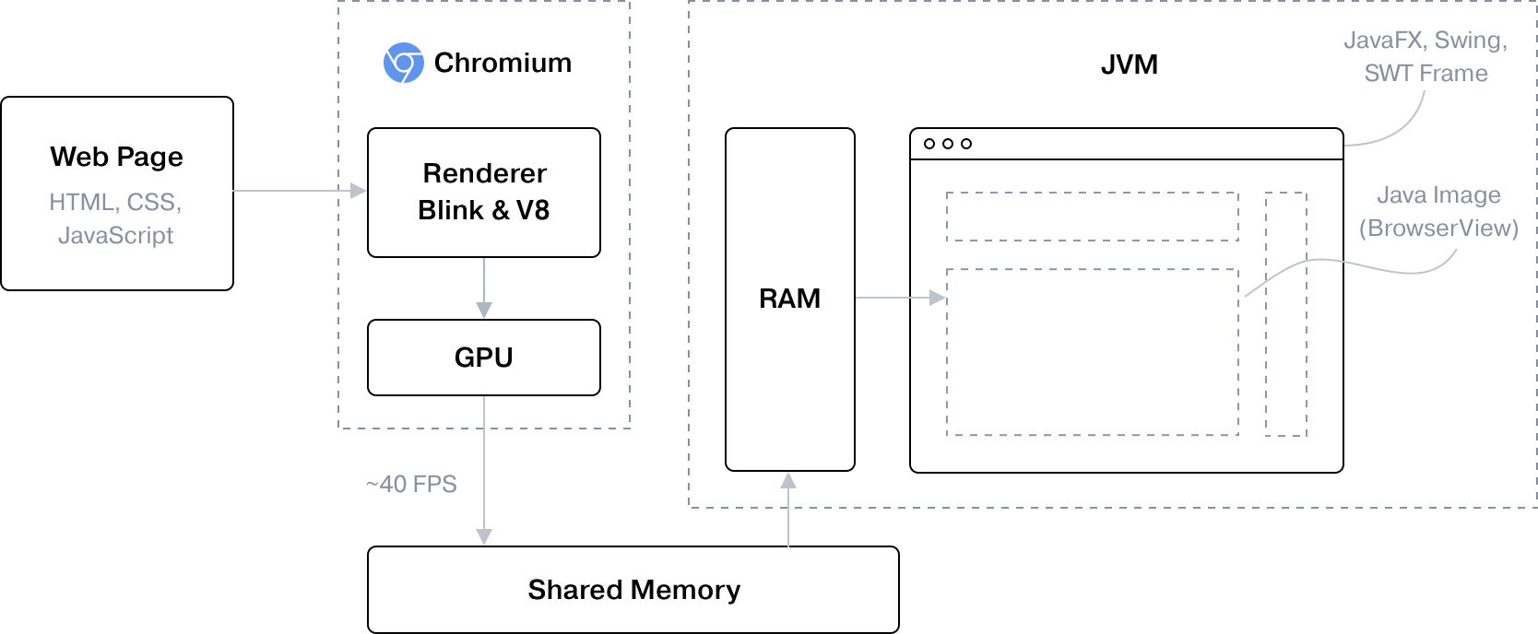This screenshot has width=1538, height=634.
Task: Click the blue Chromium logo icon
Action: click(x=404, y=63)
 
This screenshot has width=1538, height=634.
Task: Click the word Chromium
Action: click(x=503, y=63)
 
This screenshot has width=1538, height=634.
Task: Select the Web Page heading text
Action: click(x=116, y=157)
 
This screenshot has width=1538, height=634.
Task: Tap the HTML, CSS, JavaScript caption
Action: click(x=116, y=218)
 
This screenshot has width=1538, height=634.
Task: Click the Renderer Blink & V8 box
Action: click(x=484, y=192)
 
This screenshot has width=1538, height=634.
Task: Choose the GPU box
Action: click(x=484, y=358)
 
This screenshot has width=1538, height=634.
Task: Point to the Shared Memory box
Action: click(x=633, y=590)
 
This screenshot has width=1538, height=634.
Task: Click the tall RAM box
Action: click(x=790, y=299)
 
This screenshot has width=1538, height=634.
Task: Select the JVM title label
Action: click(x=1129, y=65)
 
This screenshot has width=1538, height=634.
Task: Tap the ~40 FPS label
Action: click(x=411, y=484)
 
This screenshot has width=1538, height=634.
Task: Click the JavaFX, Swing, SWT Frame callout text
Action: click(x=1426, y=56)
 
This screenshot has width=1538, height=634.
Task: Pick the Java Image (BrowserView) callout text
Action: click(x=1438, y=212)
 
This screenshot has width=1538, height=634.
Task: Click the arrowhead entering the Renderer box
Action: click(x=359, y=191)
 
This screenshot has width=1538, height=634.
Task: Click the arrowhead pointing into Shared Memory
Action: click(x=484, y=537)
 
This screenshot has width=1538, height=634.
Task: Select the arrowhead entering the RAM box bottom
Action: click(x=788, y=481)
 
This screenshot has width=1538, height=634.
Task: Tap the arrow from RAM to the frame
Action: click(x=900, y=298)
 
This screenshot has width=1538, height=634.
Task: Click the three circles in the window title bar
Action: click(x=948, y=144)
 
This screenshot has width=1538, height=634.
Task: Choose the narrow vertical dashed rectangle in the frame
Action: click(x=1286, y=313)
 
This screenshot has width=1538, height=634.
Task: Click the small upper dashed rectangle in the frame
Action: click(x=1093, y=217)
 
